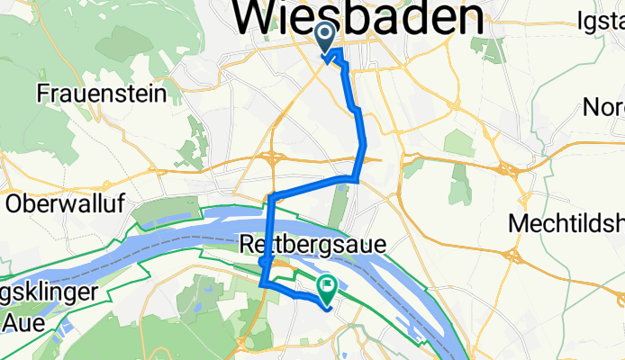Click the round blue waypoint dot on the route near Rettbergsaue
263,262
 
